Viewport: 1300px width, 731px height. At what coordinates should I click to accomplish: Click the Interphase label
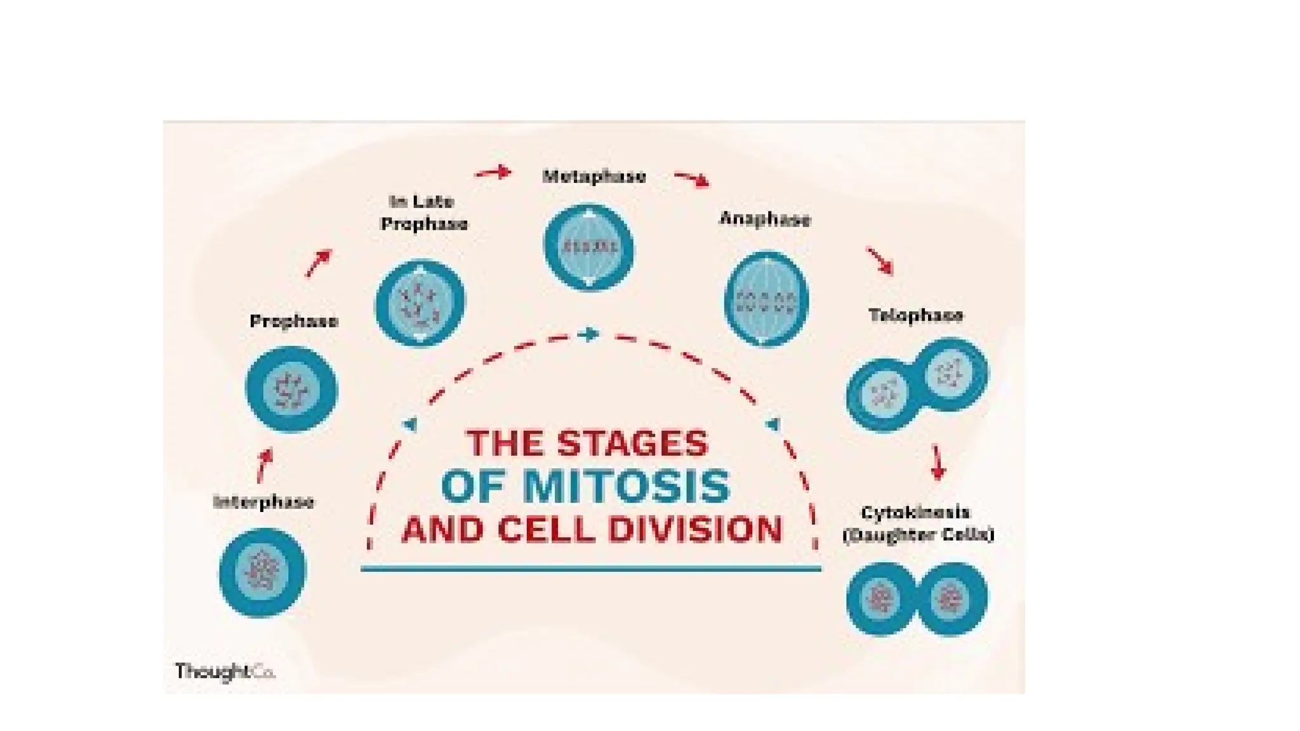click(x=263, y=502)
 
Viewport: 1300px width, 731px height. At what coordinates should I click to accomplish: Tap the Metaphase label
click(x=594, y=176)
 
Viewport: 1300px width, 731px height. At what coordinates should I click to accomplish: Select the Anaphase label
click(x=765, y=219)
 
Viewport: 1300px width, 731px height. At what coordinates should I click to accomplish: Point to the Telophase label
click(x=915, y=315)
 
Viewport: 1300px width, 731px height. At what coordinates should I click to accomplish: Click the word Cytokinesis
click(x=915, y=513)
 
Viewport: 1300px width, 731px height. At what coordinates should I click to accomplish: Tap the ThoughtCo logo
click(x=225, y=671)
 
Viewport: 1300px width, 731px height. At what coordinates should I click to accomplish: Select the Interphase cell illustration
click(x=262, y=572)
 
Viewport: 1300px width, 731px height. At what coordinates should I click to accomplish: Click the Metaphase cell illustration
click(x=589, y=247)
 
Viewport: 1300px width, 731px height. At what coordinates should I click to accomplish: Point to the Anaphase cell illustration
click(x=766, y=299)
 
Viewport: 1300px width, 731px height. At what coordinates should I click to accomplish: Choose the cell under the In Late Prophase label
click(x=420, y=303)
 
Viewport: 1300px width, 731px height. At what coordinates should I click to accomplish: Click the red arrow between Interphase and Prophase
click(x=264, y=465)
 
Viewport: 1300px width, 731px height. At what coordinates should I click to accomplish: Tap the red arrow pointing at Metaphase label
click(x=494, y=172)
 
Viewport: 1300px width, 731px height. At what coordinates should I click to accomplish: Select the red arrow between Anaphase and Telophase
click(x=880, y=261)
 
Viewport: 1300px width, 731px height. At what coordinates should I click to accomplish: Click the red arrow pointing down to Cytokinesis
click(x=937, y=462)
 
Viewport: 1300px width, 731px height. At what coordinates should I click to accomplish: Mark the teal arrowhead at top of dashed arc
click(x=590, y=334)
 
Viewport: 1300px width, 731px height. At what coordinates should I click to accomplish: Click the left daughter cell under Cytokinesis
click(x=882, y=598)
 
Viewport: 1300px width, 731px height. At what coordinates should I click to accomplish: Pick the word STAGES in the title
click(x=632, y=443)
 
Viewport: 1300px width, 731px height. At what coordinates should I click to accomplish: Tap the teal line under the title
click(x=590, y=569)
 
